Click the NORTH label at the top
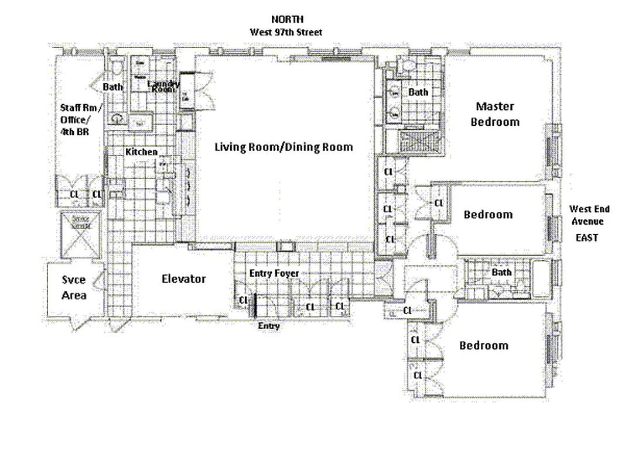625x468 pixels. click(x=287, y=19)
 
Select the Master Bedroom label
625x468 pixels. click(x=494, y=114)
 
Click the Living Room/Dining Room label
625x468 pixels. click(x=284, y=147)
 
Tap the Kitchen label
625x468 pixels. click(x=141, y=152)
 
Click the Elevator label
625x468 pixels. click(x=183, y=279)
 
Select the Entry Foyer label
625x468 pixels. click(x=274, y=273)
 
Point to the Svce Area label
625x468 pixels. click(x=74, y=287)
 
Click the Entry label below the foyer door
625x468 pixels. click(x=269, y=326)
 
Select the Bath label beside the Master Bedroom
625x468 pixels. click(x=418, y=92)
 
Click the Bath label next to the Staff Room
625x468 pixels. click(x=113, y=87)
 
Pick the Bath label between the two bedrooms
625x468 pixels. click(x=501, y=273)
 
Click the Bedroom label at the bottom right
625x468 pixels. click(x=483, y=346)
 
